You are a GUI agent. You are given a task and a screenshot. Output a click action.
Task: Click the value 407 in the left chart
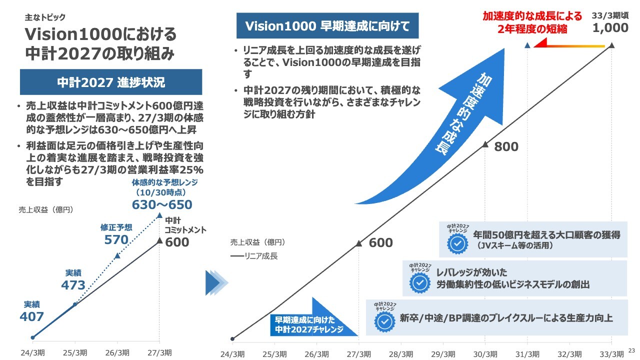pyautogui.click(x=31, y=316)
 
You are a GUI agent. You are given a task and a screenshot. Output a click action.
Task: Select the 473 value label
pyautogui.click(x=73, y=285)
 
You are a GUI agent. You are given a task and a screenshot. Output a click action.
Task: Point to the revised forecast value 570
pyautogui.click(x=116, y=239)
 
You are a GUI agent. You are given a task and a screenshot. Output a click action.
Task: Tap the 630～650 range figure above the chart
pyautogui.click(x=162, y=204)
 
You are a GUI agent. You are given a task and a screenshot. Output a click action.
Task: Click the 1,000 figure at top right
pyautogui.click(x=610, y=28)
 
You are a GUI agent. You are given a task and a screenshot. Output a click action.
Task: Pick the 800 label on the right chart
pyautogui.click(x=506, y=147)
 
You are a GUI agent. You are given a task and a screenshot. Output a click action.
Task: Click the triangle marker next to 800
pyautogui.click(x=485, y=144)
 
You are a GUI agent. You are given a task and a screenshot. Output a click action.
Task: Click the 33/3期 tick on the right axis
pyautogui.click(x=611, y=354)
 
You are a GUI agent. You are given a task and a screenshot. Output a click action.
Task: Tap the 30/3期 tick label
pyautogui.click(x=485, y=354)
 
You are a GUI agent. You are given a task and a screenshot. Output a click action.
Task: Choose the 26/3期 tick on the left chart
pyautogui.click(x=117, y=351)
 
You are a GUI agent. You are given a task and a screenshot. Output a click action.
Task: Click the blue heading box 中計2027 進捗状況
pyautogui.click(x=111, y=82)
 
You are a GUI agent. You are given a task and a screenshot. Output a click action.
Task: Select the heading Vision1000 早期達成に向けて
pyautogui.click(x=327, y=26)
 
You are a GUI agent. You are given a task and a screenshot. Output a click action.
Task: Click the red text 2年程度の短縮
pyautogui.click(x=532, y=29)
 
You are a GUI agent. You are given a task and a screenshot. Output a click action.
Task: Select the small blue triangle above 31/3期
pyautogui.click(x=527, y=45)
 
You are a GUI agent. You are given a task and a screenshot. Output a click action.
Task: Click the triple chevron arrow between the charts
pyautogui.click(x=216, y=283)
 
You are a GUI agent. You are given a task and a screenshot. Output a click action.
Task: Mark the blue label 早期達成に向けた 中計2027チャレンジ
pyautogui.click(x=309, y=325)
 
